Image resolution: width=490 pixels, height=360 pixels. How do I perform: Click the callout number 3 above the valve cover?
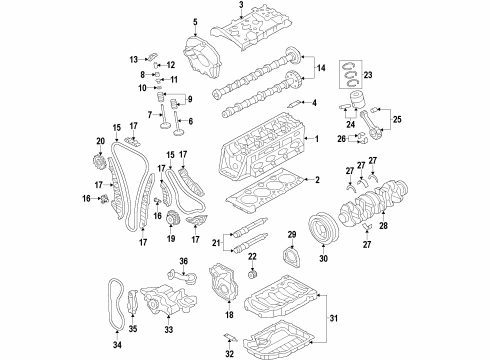pyautogui.click(x=241, y=4)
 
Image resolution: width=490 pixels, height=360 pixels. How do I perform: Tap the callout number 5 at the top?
pyautogui.click(x=195, y=22)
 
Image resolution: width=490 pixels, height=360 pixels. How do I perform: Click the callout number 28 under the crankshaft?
pyautogui.click(x=383, y=226)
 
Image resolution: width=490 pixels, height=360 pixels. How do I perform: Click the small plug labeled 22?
pyautogui.click(x=253, y=276)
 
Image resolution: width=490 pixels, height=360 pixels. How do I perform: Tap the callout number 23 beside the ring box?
pyautogui.click(x=368, y=75)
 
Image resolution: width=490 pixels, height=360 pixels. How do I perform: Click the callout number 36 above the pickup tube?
pyautogui.click(x=184, y=261)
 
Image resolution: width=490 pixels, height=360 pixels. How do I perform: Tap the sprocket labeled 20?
pyautogui.click(x=99, y=163)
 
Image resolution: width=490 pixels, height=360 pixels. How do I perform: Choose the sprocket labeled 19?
pyautogui.click(x=172, y=218)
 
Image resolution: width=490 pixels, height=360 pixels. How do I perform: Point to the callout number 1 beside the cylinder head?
pyautogui.click(x=317, y=139)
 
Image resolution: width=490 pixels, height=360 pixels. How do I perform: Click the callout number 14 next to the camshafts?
pyautogui.click(x=321, y=68)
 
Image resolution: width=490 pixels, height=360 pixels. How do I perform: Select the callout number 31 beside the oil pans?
pyautogui.click(x=333, y=318)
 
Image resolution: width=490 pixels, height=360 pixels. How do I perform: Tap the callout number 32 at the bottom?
pyautogui.click(x=229, y=354)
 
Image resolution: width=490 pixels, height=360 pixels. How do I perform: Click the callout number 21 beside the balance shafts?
pyautogui.click(x=216, y=243)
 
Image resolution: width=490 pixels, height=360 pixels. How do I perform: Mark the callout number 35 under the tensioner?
pyautogui.click(x=133, y=329)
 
